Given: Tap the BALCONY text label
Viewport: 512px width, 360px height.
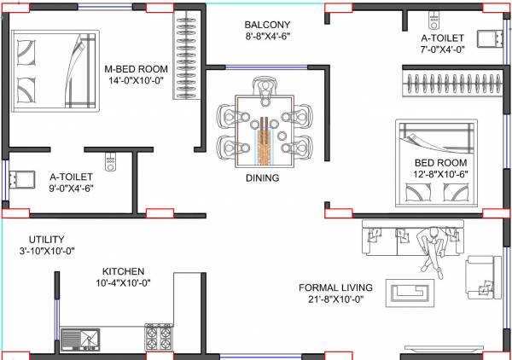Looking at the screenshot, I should [x=267, y=25].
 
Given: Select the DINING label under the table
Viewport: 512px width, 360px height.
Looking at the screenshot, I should [x=262, y=178].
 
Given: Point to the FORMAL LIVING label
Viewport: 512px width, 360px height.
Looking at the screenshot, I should [x=336, y=287].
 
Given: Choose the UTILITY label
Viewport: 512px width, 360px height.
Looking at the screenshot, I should [x=46, y=240].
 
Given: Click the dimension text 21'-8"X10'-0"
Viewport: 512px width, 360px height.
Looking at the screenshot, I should [x=336, y=300].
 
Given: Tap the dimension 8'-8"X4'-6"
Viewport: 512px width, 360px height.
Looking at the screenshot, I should [x=267, y=38].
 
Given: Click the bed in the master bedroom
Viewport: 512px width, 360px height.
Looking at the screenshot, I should [x=55, y=73].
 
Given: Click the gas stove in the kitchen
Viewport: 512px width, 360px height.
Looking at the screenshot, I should [x=159, y=337].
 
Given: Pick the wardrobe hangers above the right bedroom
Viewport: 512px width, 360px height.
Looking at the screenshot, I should [x=447, y=84].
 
